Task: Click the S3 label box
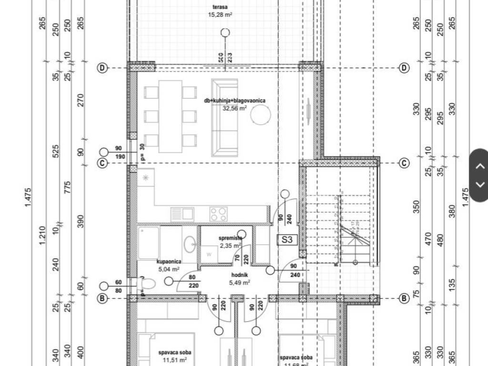click(x=286, y=240)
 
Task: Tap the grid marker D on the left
click(x=102, y=68)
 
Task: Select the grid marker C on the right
click(x=404, y=163)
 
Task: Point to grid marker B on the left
click(x=102, y=299)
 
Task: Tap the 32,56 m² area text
click(x=234, y=108)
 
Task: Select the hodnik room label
click(x=240, y=275)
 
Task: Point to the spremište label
click(x=231, y=238)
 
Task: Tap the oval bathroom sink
click(x=189, y=244)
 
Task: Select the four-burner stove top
click(x=219, y=213)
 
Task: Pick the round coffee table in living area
click(x=261, y=115)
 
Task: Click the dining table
click(x=170, y=116)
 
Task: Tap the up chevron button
click(x=480, y=166)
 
